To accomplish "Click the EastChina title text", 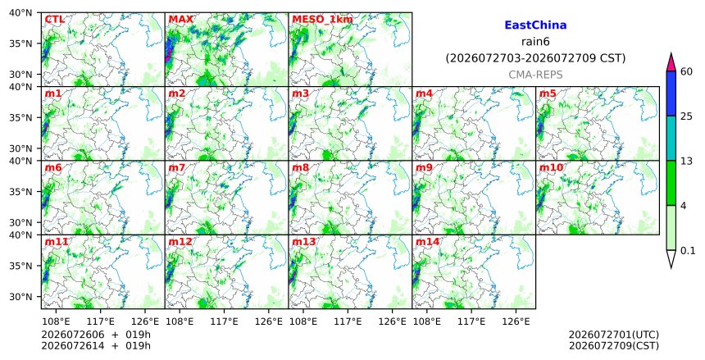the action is coord(535,25).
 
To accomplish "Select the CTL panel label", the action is coord(54,20).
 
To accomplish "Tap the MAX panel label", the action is coord(180,20).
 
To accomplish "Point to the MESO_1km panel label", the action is coord(322,20).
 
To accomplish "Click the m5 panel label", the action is coord(548,93).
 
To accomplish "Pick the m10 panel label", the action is coord(551,167).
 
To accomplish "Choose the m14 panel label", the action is coord(427,242).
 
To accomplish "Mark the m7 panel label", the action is coord(177,167).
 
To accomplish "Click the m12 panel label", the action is coord(180,242).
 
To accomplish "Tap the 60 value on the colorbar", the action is coord(686,71).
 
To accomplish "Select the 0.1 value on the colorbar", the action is coord(688,251).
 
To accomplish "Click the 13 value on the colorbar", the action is coord(686,161).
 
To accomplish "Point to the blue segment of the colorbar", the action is coord(671,93).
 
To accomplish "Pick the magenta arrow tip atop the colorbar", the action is coord(671,53).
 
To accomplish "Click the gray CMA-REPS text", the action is coord(535,75).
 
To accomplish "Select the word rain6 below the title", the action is coord(535,42).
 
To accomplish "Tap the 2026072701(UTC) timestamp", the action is coord(614,335).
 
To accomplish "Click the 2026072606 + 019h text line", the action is coord(96,335).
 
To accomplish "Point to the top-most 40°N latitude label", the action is coord(20,12).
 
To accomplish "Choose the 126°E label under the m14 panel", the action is coord(516,321).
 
